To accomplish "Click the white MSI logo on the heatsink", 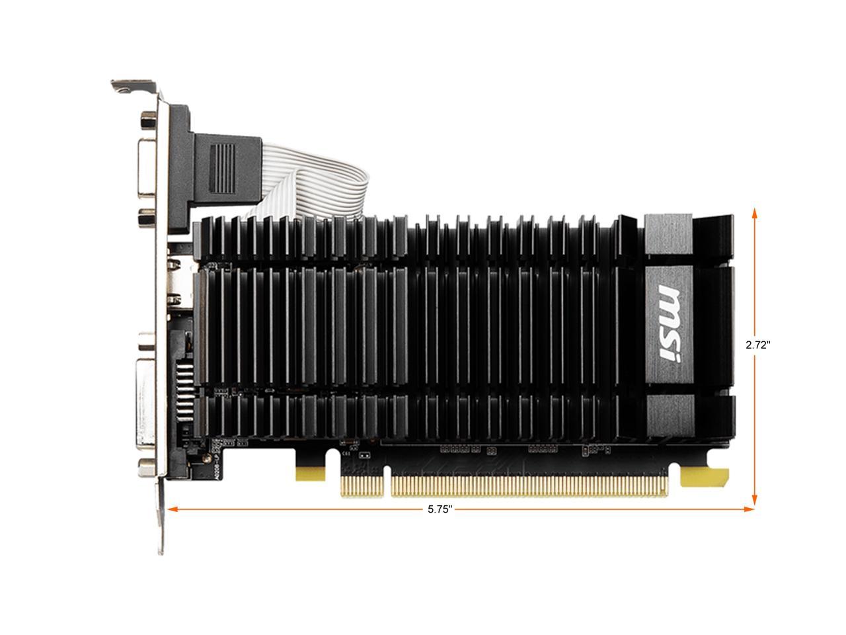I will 669,323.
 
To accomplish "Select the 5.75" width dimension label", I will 440,509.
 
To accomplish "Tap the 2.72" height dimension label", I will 758,345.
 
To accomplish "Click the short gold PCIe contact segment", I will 364,486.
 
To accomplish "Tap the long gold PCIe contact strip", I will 529,486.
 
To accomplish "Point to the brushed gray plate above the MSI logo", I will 668,235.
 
